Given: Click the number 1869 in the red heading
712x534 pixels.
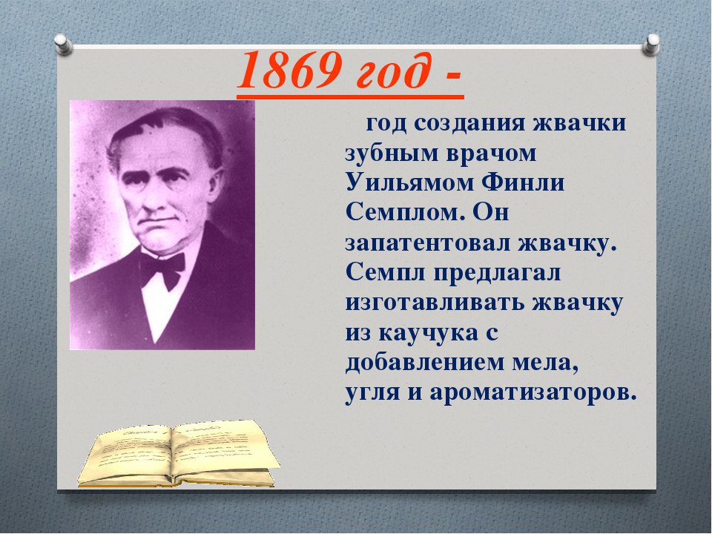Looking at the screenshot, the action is pos(290,71).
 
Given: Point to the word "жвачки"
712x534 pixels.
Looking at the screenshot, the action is pos(579,123).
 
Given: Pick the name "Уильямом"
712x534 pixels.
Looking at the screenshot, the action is pos(409,182).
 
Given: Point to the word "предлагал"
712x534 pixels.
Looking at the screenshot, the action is pos(497,274).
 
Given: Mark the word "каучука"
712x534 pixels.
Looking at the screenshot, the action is pos(428,334).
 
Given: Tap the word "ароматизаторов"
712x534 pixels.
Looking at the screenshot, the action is pos(533,394).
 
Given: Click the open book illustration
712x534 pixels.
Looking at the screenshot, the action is pos(178,454).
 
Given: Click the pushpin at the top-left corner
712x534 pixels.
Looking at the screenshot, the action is pos(63,45).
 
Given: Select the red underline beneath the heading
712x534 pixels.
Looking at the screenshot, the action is pos(350,96).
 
